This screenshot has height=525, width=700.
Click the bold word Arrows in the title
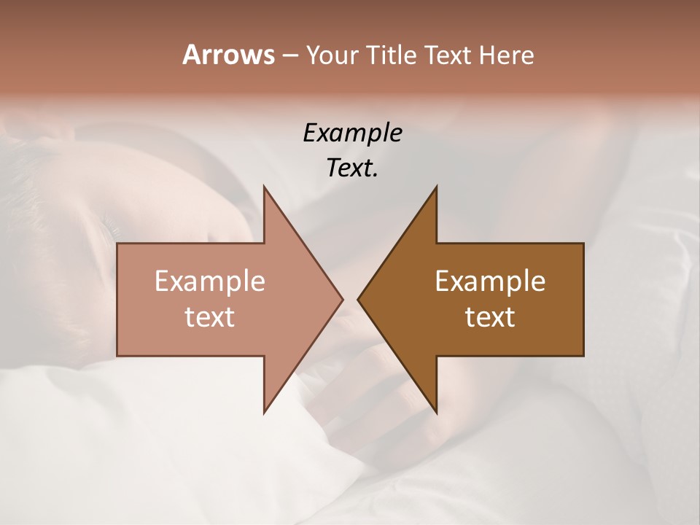(227, 55)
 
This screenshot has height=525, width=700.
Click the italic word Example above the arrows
(352, 133)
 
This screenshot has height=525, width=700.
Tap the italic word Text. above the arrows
(352, 168)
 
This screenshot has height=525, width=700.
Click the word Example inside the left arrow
(209, 281)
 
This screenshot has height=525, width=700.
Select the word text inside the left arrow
(209, 317)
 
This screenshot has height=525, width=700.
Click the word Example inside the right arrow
(490, 281)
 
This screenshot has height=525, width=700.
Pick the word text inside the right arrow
(490, 317)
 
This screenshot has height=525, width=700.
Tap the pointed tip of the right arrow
(359, 300)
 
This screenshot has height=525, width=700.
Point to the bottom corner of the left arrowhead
(265, 411)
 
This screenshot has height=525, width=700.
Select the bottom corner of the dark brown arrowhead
(435, 411)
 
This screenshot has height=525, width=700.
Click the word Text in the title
(448, 55)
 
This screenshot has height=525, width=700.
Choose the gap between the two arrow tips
(350, 300)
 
